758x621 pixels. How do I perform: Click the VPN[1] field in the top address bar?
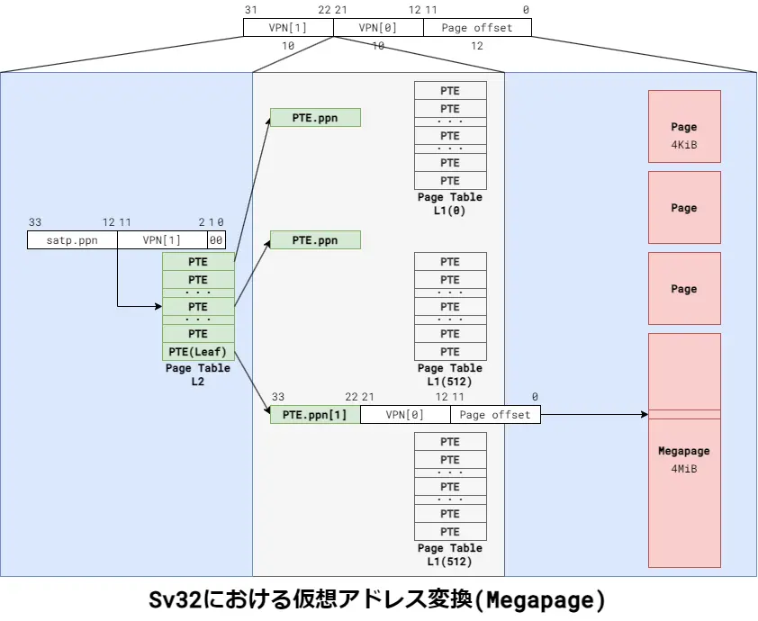click(288, 28)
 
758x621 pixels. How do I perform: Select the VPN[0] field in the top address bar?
click(378, 28)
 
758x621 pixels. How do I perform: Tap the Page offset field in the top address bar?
click(477, 28)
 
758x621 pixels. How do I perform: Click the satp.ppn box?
click(72, 240)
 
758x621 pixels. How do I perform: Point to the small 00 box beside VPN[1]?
click(216, 240)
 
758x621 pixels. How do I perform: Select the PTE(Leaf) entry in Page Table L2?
click(198, 351)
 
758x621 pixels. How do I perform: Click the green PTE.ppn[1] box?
click(315, 415)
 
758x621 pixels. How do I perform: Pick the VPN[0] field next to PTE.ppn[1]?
click(405, 415)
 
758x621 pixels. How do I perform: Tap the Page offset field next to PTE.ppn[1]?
click(496, 415)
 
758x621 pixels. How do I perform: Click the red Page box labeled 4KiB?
click(684, 135)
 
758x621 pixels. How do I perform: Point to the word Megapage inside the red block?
click(684, 452)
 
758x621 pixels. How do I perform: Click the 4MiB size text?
click(684, 469)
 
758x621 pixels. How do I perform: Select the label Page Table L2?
click(198, 374)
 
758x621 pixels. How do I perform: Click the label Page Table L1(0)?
click(450, 203)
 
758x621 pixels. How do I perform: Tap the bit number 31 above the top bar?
click(249, 9)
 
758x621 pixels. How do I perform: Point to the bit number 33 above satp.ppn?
click(35, 222)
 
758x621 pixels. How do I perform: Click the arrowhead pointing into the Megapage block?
click(644, 415)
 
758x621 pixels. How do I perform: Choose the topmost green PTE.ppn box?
click(315, 118)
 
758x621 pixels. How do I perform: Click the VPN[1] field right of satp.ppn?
click(162, 240)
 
